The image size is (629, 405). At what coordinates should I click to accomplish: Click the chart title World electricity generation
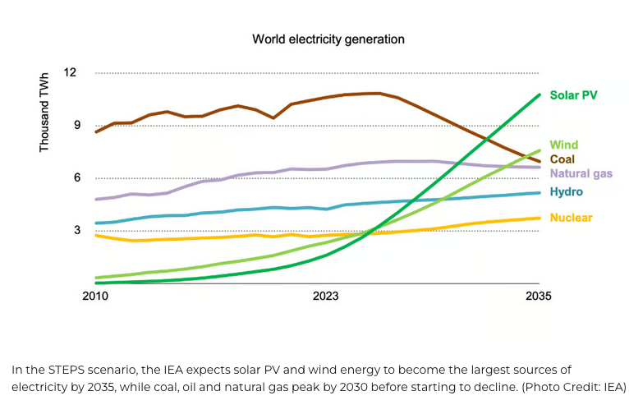pos(328,39)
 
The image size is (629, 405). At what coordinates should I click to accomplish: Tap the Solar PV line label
pos(573,95)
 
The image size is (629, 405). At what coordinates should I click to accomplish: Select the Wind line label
pos(564,145)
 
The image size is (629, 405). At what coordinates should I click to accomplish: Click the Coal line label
pos(562,159)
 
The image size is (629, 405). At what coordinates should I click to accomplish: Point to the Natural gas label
pos(581,173)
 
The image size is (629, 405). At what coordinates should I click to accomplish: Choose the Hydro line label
pos(567,191)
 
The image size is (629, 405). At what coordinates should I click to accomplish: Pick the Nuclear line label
pos(571,218)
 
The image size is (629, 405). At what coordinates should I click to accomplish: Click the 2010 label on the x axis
pos(95,296)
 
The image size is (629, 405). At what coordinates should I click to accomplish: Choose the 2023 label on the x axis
pos(325,296)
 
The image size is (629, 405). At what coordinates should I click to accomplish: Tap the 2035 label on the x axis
pos(539,296)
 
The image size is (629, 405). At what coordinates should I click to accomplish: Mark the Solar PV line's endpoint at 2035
pos(539,94)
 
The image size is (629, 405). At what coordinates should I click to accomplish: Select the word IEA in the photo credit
pos(611,386)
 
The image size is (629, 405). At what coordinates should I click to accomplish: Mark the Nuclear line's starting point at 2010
pos(96,235)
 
